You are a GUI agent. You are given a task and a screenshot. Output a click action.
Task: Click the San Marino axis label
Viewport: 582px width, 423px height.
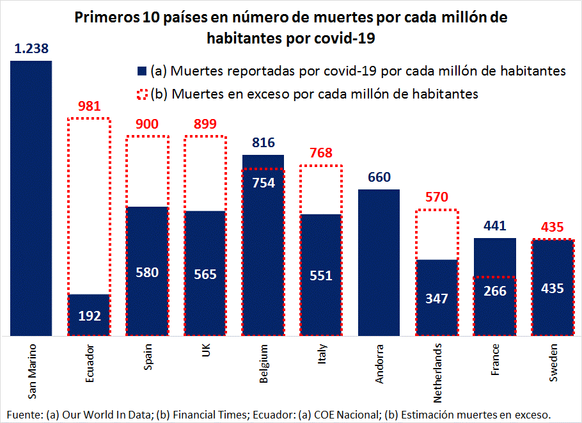pos(31,372)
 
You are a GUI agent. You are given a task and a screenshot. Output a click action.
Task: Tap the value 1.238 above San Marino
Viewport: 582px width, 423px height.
pos(31,49)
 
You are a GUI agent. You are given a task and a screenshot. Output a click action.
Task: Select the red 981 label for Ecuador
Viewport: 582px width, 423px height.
pos(90,106)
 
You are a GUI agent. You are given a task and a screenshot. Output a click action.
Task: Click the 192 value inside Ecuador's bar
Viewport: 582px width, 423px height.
pos(90,315)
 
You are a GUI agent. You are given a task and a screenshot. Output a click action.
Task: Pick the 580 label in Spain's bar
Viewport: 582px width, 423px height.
pos(148,272)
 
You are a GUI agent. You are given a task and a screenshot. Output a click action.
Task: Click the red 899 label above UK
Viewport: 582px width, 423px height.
pos(205,124)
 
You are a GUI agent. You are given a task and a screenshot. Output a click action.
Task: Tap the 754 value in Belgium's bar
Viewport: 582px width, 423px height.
pos(263,183)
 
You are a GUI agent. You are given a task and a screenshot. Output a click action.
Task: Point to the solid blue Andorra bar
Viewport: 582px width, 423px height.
pos(379,262)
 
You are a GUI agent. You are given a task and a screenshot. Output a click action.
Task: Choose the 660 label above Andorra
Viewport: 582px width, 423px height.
pos(379,177)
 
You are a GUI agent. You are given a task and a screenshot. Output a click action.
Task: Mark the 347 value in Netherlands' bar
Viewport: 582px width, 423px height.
pos(437,298)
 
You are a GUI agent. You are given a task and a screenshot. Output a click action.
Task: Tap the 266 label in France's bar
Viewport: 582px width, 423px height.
pos(495,291)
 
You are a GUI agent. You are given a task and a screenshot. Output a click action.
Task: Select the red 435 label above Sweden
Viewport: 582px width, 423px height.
pos(553,227)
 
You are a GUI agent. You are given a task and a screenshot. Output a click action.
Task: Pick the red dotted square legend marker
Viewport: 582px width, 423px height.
pos(141,93)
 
